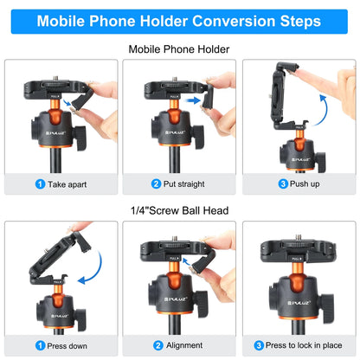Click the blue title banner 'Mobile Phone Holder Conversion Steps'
(x=180, y=19)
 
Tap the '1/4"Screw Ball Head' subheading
(x=180, y=209)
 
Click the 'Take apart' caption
(x=65, y=183)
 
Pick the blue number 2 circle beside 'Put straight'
(x=156, y=183)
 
